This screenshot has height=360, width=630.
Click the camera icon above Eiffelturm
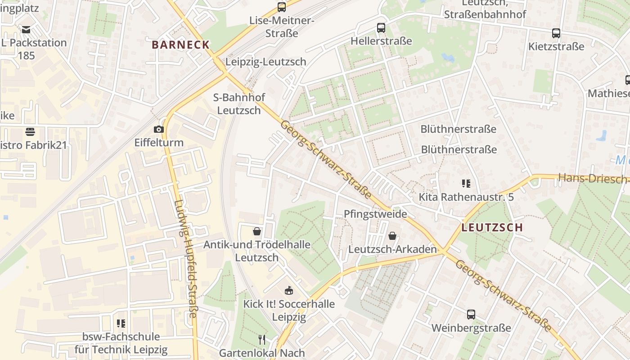click(x=158, y=130)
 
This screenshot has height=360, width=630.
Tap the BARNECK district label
click(x=181, y=45)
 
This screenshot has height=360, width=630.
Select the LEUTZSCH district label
click(x=492, y=228)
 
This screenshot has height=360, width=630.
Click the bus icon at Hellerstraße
click(x=381, y=28)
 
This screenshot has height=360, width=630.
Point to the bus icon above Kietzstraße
click(x=556, y=33)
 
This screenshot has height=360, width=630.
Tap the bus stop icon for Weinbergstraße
click(x=471, y=315)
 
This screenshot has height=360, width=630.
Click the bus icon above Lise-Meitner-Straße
click(x=282, y=7)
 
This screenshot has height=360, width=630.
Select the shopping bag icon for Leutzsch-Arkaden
click(x=392, y=236)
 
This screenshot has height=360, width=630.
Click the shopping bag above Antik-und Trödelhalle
click(x=257, y=231)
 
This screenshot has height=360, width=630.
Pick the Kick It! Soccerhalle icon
click(x=289, y=291)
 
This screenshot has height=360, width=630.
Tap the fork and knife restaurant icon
click(x=262, y=339)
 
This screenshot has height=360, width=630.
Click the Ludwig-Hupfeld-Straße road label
click(x=186, y=259)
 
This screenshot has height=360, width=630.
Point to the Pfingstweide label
click(x=375, y=214)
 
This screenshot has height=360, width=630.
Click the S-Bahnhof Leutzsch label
click(x=239, y=104)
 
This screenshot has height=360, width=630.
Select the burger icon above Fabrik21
click(x=30, y=132)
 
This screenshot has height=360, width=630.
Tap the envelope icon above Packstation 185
click(x=26, y=30)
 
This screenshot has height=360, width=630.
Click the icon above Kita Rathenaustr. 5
click(x=466, y=184)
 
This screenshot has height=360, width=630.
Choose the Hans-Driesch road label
click(x=593, y=178)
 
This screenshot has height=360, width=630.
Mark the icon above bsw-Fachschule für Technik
click(x=121, y=323)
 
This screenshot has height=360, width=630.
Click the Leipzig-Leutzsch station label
click(x=266, y=62)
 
